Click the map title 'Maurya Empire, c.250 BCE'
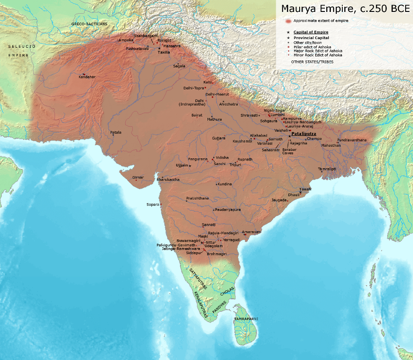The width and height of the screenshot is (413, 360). point(342,9)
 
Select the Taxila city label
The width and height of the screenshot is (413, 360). point(164,52)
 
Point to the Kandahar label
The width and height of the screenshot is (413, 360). point(87,77)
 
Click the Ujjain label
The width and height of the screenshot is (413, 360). point(182,164)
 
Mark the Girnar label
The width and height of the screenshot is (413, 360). point(138,177)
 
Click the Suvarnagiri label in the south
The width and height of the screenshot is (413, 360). point(188,240)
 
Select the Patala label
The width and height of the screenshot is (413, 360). point(116,132)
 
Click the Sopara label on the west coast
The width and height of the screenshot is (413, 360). point(152,204)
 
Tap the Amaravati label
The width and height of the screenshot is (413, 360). point(251,232)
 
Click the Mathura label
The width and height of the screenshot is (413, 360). point(214,119)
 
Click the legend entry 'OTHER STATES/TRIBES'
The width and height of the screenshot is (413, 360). point(312,61)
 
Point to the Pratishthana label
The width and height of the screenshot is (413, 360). point(197,198)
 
